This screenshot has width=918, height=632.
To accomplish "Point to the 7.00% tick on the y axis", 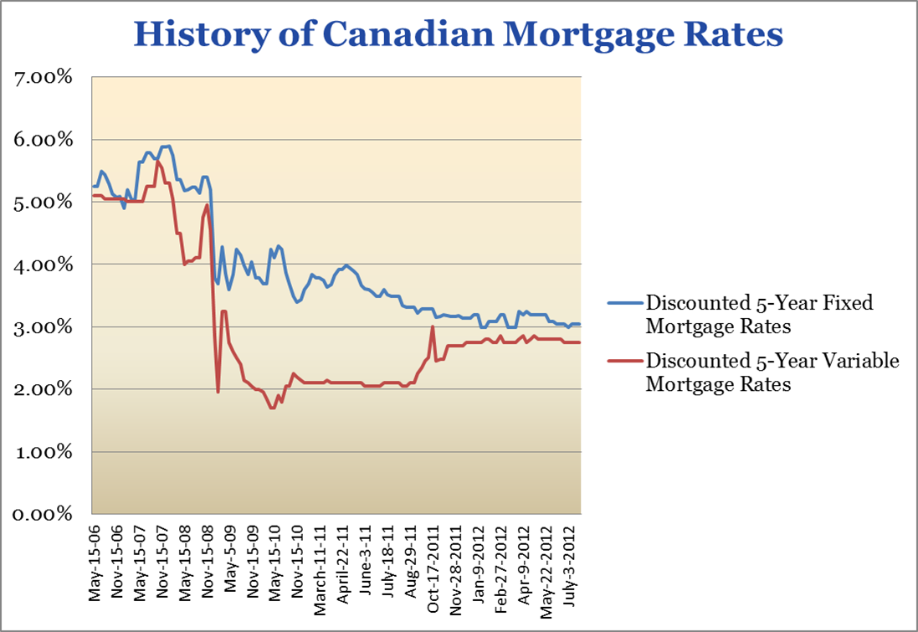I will tap(42, 77).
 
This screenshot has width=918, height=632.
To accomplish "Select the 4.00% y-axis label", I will tap(42, 265).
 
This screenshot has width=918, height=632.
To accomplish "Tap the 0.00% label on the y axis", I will tap(42, 514).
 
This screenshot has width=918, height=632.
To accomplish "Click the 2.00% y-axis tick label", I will tap(42, 389).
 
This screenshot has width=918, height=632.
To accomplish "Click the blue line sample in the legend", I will tap(625, 303).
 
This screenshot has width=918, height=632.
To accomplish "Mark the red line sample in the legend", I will tap(625, 362).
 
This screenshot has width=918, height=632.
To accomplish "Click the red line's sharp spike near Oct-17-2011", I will tap(432, 327).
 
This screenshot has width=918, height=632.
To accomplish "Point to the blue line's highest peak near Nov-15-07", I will tap(166, 146).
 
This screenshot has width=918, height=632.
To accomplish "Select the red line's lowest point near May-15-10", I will tap(272, 408).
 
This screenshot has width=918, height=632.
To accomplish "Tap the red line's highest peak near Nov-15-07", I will tap(157, 161).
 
